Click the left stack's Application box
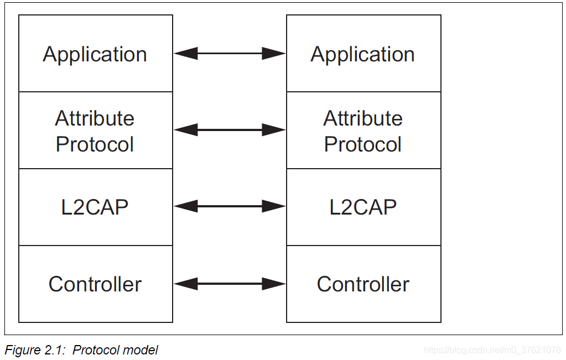point(95,54)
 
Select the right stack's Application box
point(363,54)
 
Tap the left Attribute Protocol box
point(95,131)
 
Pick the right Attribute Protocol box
point(363,131)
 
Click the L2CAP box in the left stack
point(95,207)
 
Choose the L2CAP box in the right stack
point(363,207)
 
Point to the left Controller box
point(95,284)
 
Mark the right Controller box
point(363,284)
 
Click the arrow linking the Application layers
point(230,54)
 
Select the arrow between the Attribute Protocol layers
point(230,130)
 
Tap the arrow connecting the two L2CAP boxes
point(230,207)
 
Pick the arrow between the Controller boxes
point(230,284)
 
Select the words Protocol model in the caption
point(115,350)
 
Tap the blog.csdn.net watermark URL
point(492,350)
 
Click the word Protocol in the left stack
point(95,144)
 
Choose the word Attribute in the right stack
point(363,118)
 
